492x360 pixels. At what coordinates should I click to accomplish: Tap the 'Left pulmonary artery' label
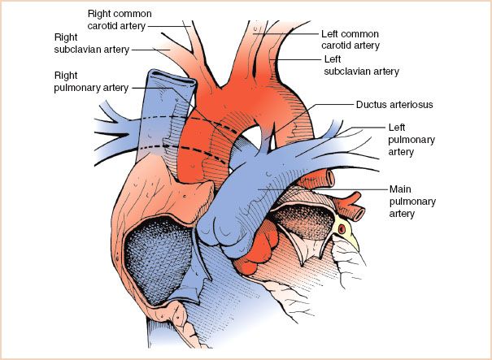coord(411,139)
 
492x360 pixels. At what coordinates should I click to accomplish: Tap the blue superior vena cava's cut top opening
coord(172,77)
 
